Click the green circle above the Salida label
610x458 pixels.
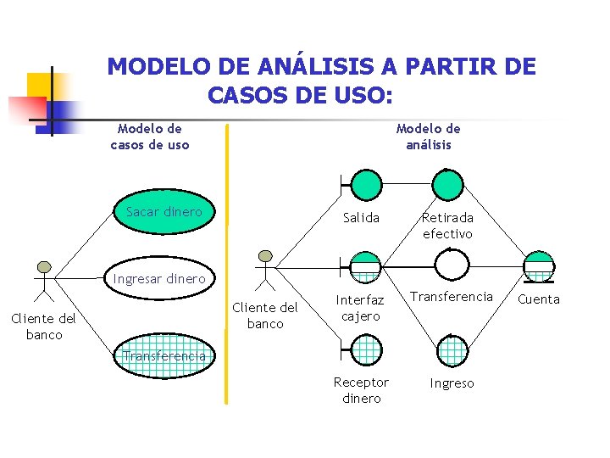coord(366,183)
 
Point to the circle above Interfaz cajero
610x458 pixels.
coord(365,266)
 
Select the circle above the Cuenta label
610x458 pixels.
coord(538,266)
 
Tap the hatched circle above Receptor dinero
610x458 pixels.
coord(365,349)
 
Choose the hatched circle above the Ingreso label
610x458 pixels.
coord(452,349)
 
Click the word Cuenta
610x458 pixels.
coord(538,299)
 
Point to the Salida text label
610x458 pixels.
coord(361,218)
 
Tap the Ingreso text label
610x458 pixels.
coord(452,383)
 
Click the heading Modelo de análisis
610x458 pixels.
coord(428,137)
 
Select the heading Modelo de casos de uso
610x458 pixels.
coord(150,137)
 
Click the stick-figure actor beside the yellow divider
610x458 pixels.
coord(265,269)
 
